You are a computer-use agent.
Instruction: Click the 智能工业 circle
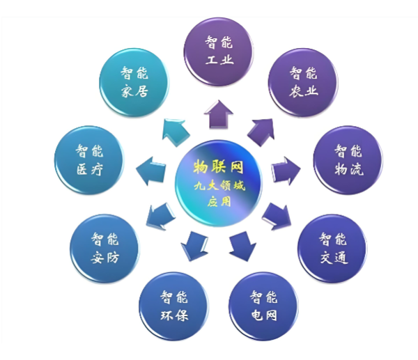coord(218,52)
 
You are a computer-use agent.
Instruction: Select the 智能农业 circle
coord(303,82)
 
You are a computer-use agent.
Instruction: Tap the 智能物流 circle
coord(348,160)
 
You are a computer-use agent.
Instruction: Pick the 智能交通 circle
coord(332,249)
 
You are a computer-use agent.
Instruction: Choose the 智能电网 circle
coord(263,306)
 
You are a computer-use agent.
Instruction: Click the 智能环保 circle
coord(173,306)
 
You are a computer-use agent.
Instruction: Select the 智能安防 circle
coord(104,249)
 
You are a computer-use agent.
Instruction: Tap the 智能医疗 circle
coord(89,160)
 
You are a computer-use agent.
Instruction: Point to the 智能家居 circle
coord(134,82)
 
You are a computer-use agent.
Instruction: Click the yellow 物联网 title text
coord(218,167)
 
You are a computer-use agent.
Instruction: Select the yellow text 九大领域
coord(219,185)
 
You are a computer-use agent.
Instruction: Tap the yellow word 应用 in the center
coord(219,202)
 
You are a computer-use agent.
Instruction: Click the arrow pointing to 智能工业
coord(218,115)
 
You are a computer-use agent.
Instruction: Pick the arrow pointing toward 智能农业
coord(261,132)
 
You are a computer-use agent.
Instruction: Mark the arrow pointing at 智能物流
coord(286,171)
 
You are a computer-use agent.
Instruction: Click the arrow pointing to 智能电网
coord(242,246)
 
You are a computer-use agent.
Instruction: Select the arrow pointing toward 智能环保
coord(194,246)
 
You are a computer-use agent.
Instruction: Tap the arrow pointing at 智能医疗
coord(151,171)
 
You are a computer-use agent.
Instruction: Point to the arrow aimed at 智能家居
coord(176,132)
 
